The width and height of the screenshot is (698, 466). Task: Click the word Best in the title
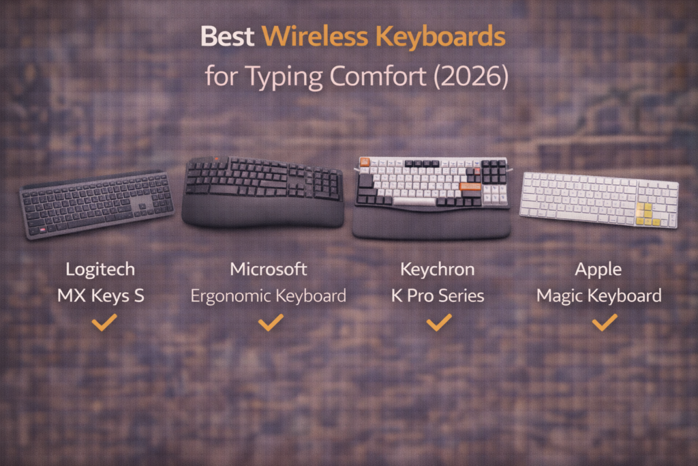(x=228, y=37)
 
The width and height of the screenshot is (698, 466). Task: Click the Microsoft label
(x=269, y=270)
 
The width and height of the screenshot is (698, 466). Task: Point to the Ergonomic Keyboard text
(x=269, y=296)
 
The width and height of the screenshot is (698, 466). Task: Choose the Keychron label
(x=438, y=270)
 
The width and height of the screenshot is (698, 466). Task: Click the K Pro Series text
(x=438, y=296)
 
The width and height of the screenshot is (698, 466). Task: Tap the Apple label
(x=598, y=270)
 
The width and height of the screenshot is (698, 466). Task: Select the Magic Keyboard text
(x=598, y=296)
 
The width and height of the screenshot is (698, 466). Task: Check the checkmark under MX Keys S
(x=104, y=322)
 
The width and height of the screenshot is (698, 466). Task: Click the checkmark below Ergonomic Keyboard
(x=271, y=322)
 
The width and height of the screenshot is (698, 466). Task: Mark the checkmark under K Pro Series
(x=439, y=322)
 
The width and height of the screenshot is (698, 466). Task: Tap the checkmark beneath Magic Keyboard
(x=604, y=322)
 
